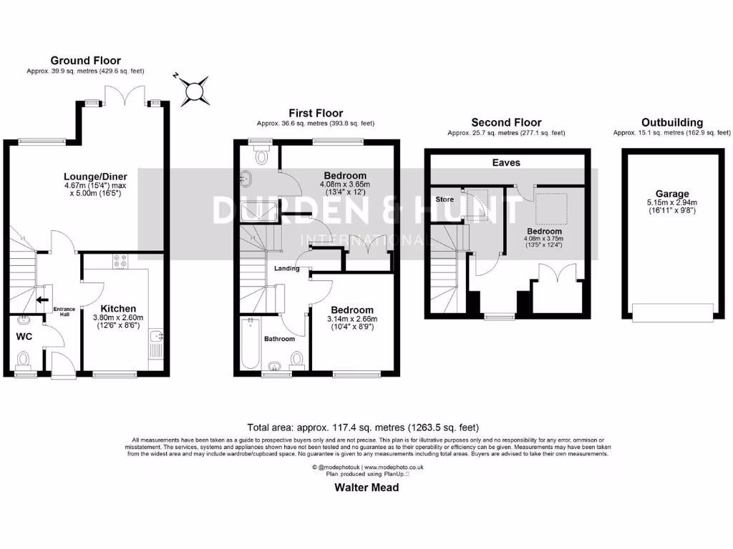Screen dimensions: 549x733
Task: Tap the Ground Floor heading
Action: click(85, 61)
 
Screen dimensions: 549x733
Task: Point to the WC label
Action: click(25, 335)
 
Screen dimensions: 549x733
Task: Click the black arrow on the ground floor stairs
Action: click(42, 300)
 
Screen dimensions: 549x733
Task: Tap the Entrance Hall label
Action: click(64, 311)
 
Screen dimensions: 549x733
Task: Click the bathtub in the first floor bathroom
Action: click(250, 343)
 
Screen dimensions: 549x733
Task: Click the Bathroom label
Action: click(280, 339)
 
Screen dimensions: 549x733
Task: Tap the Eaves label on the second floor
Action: click(506, 163)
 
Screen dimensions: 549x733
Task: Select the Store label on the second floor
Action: click(445, 199)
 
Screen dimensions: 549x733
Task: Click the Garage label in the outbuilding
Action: click(671, 194)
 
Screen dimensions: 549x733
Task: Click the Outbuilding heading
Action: click(671, 122)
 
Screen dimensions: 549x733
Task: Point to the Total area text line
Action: click(363, 427)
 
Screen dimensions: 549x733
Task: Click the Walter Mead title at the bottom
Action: click(366, 488)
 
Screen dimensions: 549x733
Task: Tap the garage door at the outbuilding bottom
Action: click(671, 312)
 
